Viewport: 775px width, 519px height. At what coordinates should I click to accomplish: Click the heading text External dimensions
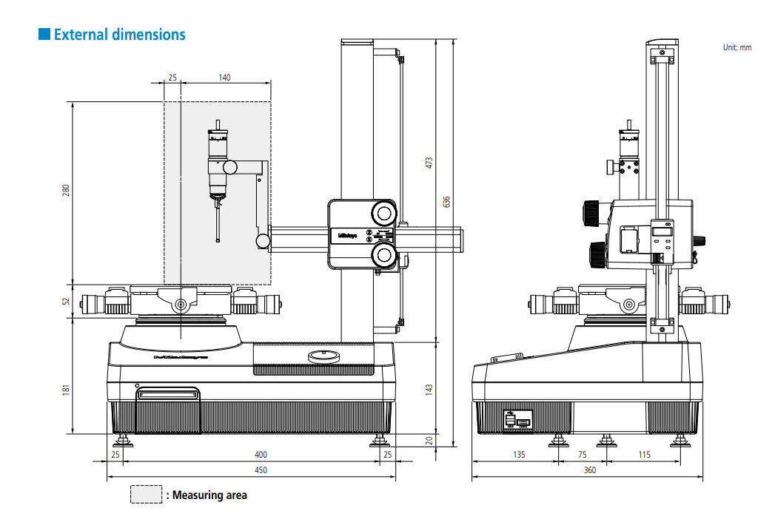tap(119, 35)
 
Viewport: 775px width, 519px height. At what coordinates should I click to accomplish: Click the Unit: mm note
tap(737, 47)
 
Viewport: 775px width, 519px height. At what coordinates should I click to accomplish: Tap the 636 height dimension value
tap(446, 201)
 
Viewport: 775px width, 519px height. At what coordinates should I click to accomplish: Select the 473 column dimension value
tap(429, 163)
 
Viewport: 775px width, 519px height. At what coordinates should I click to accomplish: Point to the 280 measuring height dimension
tap(65, 191)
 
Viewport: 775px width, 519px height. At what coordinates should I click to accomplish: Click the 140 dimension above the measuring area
tap(224, 77)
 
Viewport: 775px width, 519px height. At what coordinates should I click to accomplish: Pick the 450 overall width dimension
tap(261, 469)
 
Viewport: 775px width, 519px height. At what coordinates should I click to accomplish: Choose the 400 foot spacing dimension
tap(261, 454)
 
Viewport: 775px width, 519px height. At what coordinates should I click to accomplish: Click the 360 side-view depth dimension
tap(589, 469)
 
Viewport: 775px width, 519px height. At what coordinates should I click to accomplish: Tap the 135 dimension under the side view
tap(519, 454)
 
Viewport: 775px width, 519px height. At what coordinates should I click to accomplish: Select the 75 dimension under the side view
tap(582, 454)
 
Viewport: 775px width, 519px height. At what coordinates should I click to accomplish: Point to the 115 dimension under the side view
tap(644, 454)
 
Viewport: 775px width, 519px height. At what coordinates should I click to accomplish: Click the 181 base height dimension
tap(65, 388)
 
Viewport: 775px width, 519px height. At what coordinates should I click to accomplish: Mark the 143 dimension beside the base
tap(429, 388)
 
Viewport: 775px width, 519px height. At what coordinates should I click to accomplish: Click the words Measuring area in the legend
tap(209, 495)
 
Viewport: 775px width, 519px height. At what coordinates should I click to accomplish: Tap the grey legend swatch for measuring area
tap(146, 495)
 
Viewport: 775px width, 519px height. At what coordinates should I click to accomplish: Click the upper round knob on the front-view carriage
tap(383, 213)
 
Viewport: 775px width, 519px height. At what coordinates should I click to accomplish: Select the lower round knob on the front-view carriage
tap(383, 255)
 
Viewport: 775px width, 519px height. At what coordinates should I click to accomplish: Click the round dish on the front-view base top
tap(323, 356)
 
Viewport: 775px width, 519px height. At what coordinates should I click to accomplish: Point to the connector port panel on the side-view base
tap(517, 420)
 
